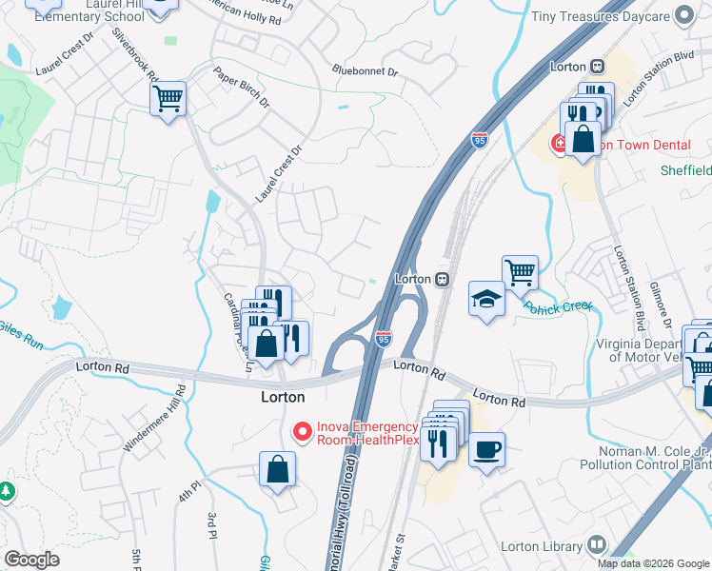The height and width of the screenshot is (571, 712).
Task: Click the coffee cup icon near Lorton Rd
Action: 486,449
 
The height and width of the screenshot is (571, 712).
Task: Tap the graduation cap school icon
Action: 486,300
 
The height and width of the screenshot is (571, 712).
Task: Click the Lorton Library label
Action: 542,546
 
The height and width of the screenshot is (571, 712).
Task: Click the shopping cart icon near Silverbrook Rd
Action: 168,98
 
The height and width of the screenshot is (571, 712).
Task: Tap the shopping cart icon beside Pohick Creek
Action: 520,272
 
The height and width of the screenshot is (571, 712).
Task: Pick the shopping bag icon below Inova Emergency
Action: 277,469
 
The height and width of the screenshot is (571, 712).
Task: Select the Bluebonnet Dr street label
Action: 366,69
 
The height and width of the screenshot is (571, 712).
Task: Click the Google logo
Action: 31,560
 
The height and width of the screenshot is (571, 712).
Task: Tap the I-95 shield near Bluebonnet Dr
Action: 481,141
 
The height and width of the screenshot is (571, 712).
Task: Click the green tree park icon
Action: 7,490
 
